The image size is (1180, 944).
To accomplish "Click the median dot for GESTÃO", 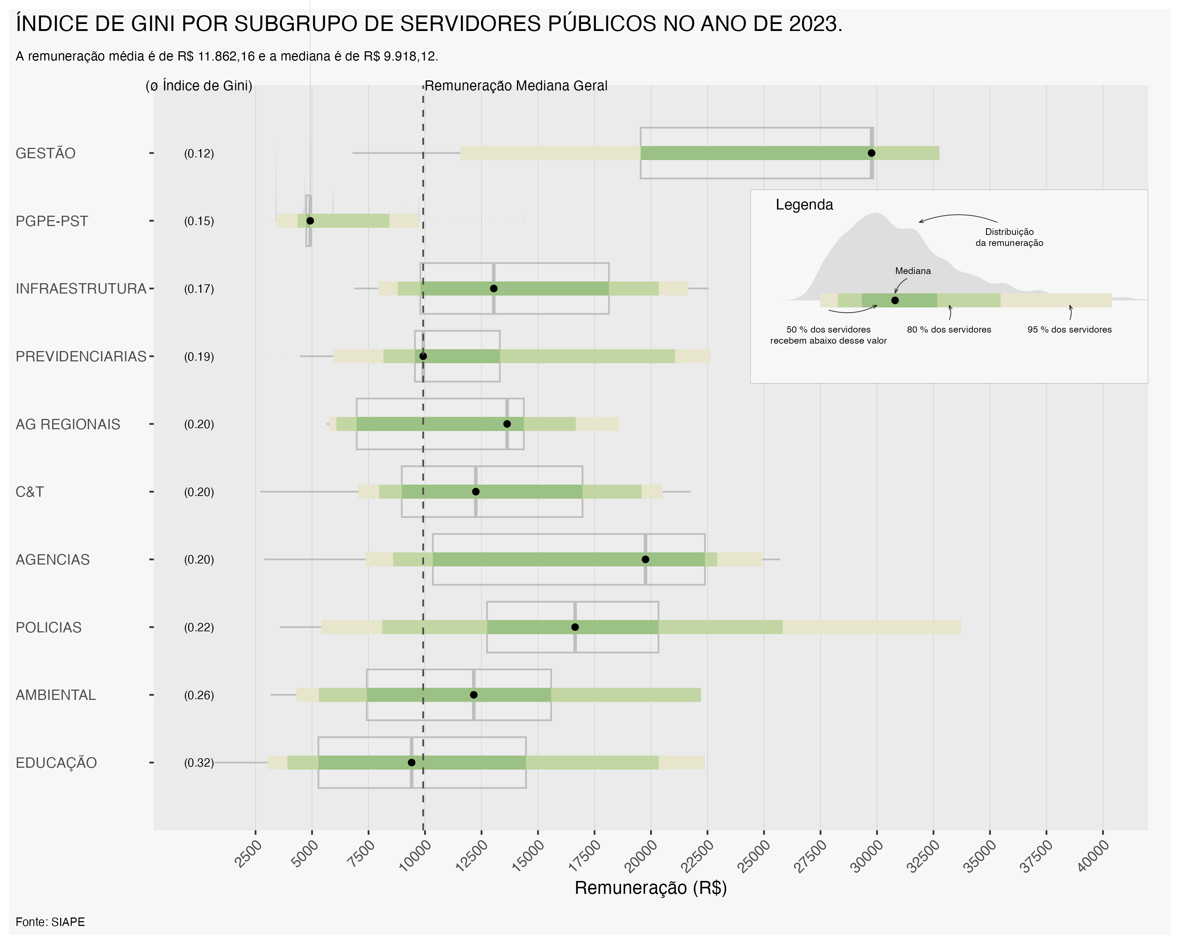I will [871, 153].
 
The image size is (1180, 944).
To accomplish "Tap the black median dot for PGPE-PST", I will [310, 221].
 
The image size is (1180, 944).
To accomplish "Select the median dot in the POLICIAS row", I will [575, 627].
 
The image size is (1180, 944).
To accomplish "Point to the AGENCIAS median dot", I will [645, 559].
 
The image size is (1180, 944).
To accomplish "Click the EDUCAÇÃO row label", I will [56, 763].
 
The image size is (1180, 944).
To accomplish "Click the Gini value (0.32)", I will [199, 763].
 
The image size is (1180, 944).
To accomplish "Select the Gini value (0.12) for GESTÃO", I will [199, 153].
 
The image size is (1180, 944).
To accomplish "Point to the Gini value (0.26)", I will [199, 695].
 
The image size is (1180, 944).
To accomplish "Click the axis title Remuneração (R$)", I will [650, 888].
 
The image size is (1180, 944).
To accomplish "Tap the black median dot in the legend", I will [895, 301].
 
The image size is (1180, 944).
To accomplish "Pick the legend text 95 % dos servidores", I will [1069, 329].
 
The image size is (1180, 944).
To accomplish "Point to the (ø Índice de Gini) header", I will [199, 86].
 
